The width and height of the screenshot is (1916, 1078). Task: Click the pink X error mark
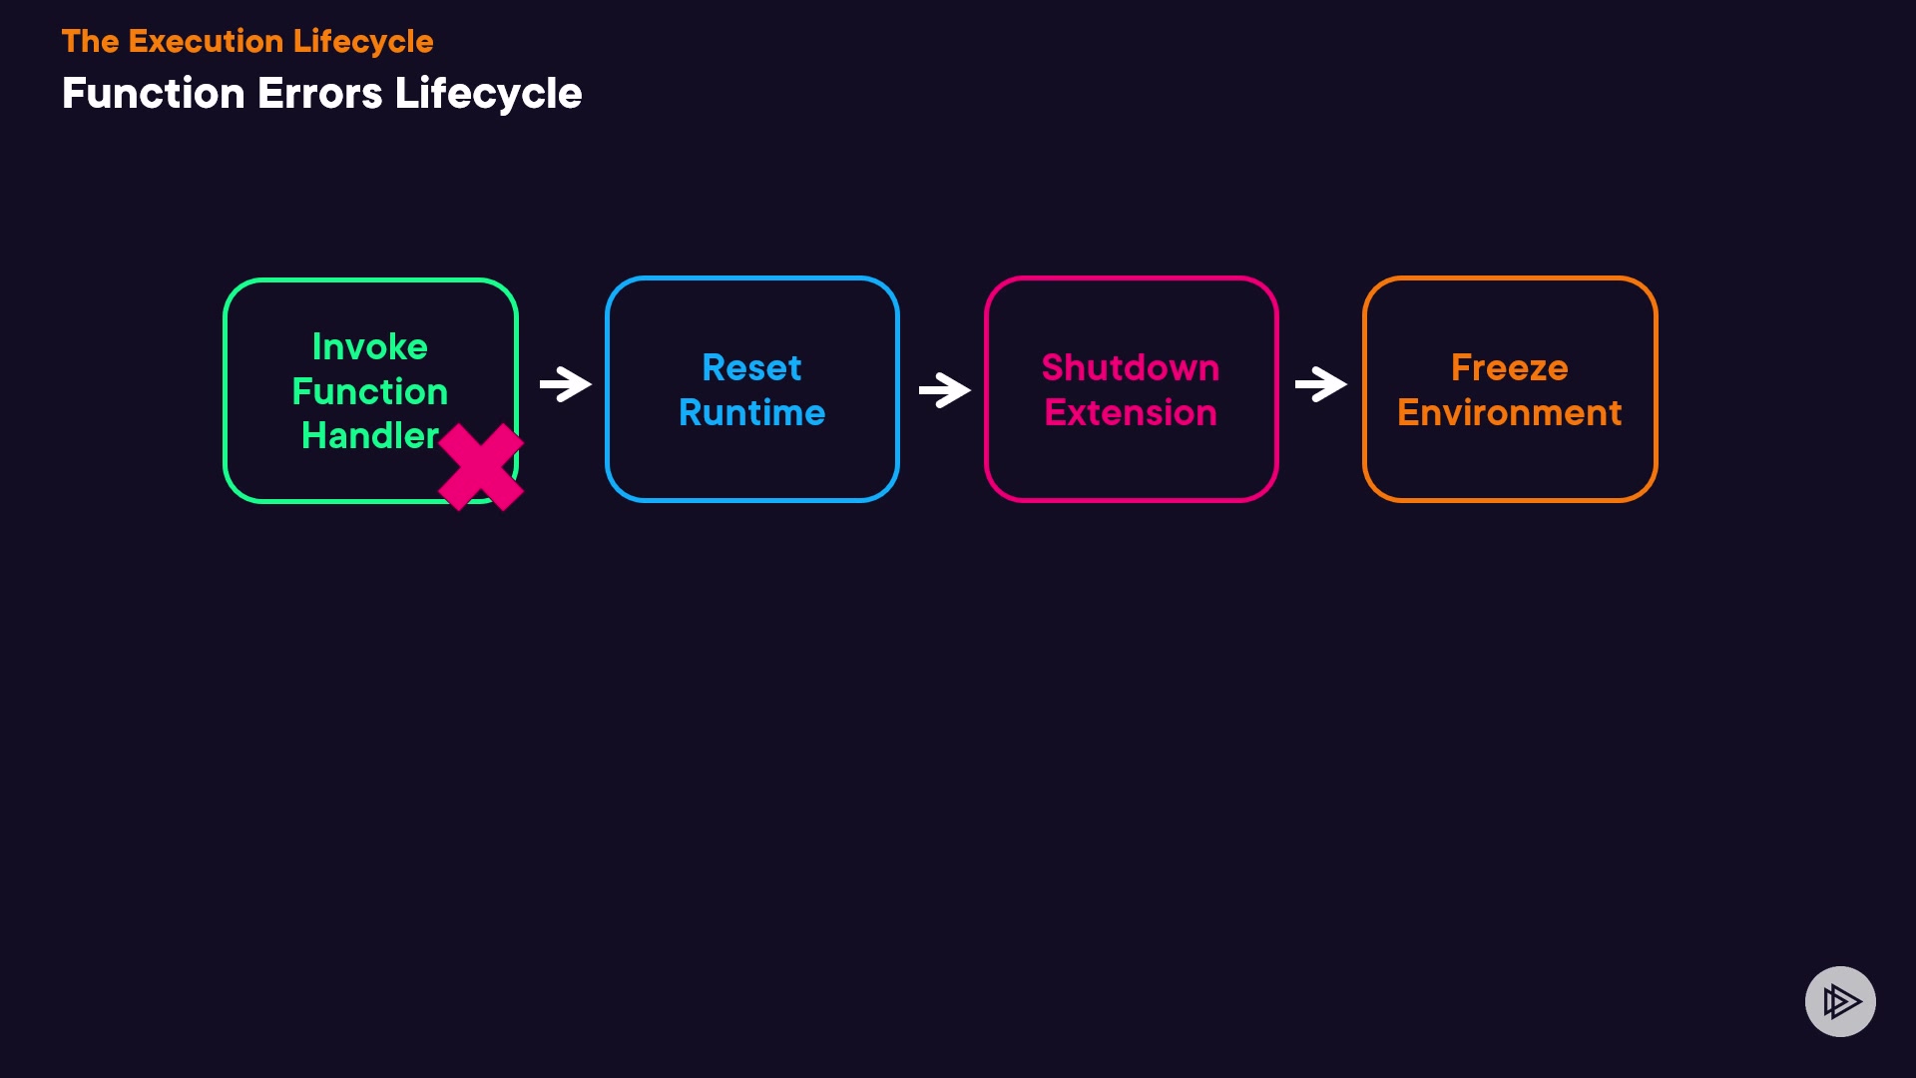click(x=481, y=467)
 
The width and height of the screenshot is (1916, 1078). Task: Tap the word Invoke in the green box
click(x=370, y=346)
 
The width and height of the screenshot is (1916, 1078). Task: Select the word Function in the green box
click(x=370, y=391)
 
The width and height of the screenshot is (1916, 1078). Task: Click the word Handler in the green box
click(x=370, y=435)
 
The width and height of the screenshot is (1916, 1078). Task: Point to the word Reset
click(x=751, y=367)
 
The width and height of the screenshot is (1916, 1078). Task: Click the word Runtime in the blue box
click(x=751, y=412)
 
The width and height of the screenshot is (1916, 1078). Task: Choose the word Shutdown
click(x=1131, y=367)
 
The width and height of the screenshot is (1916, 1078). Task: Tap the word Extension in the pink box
click(x=1131, y=412)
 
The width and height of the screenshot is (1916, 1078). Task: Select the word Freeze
click(x=1509, y=367)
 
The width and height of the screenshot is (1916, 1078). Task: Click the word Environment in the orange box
click(x=1509, y=412)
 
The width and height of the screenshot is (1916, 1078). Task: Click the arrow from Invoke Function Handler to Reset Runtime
click(x=566, y=384)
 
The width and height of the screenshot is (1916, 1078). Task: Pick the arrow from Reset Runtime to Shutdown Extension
click(x=944, y=389)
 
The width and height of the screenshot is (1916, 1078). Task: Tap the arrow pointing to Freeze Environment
click(x=1321, y=384)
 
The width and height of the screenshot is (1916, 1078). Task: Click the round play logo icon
click(x=1840, y=1001)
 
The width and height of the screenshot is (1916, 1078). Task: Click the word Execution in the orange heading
click(x=206, y=41)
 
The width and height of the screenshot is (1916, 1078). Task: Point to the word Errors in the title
click(x=319, y=94)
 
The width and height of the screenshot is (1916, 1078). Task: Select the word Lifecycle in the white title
click(x=488, y=94)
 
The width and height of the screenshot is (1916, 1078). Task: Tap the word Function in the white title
click(x=153, y=94)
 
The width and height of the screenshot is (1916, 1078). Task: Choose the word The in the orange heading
click(x=90, y=41)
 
